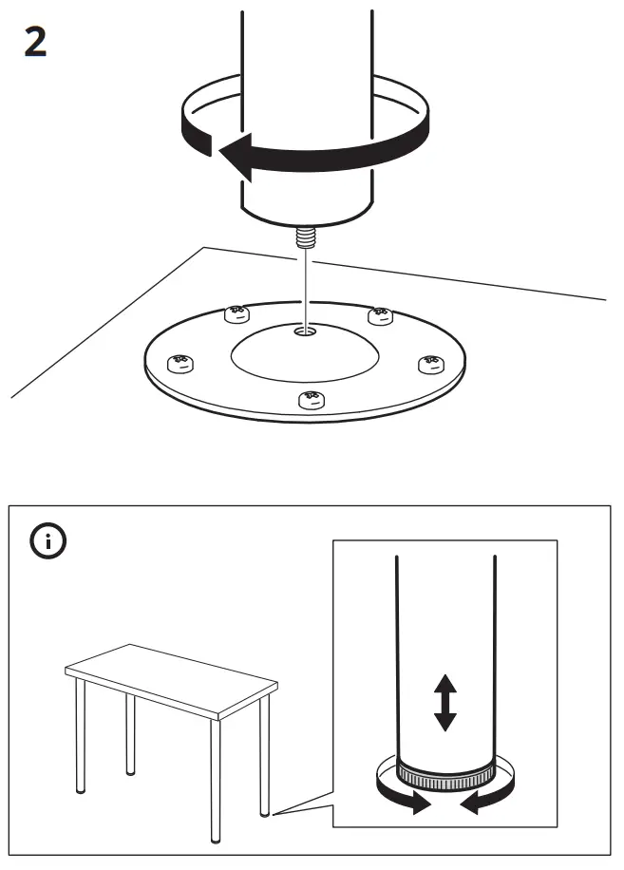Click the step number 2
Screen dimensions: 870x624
(x=35, y=43)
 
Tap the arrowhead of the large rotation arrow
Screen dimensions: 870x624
(x=233, y=155)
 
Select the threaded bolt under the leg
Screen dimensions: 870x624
(x=306, y=236)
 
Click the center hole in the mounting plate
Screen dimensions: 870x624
(x=306, y=332)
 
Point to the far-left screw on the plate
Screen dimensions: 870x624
(x=178, y=362)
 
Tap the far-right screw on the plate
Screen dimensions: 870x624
(x=432, y=363)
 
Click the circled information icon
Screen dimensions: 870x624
(x=49, y=541)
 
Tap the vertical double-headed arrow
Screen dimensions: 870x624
(x=444, y=702)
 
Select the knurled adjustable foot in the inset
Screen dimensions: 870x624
(x=444, y=773)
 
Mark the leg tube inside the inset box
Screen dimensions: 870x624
(x=444, y=646)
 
